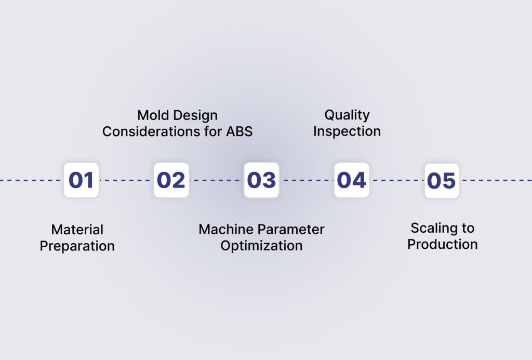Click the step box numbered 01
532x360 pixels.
81,180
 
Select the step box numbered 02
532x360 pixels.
171,180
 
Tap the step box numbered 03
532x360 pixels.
261,180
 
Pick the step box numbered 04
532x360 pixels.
351,180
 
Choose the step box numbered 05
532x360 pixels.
442,181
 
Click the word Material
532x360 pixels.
77,230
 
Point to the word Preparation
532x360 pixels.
77,246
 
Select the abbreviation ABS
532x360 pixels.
239,131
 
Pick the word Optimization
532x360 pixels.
261,246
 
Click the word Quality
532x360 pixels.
347,115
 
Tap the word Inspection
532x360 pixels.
347,131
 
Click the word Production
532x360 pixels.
442,244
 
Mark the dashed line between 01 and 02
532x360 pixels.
126,180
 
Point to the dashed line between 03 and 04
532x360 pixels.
307,180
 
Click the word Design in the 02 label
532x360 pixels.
196,115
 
